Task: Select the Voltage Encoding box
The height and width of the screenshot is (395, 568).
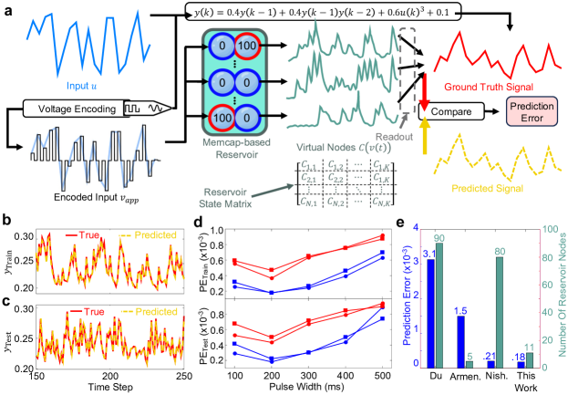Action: (x=78, y=108)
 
